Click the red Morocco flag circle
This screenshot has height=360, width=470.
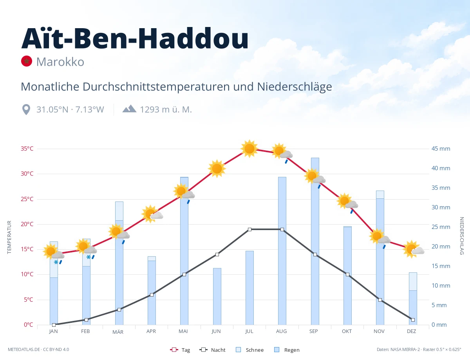[x=27, y=61]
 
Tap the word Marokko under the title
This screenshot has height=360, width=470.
[x=60, y=62]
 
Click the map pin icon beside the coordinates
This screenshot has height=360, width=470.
[x=26, y=110]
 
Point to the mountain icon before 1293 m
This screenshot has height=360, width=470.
[x=129, y=109]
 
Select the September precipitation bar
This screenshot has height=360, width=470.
[x=315, y=241]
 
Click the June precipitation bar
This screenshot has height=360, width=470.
[x=217, y=297]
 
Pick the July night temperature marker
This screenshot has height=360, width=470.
[x=249, y=229]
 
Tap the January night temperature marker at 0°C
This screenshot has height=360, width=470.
[x=54, y=325]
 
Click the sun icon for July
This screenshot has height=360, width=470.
[x=249, y=149]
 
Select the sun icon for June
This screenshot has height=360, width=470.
[x=217, y=169]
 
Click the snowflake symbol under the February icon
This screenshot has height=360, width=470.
[x=89, y=257]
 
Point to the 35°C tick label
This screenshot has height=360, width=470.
[x=27, y=149]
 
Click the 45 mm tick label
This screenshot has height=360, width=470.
[x=441, y=149]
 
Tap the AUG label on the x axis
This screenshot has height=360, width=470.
[x=281, y=331]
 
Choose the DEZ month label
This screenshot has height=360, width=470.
[x=411, y=331]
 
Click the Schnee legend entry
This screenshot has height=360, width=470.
[x=250, y=350]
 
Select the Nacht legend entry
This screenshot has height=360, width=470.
[x=212, y=350]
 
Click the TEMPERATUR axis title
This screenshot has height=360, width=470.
[x=9, y=237]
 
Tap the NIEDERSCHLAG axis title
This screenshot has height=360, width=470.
[x=462, y=236]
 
